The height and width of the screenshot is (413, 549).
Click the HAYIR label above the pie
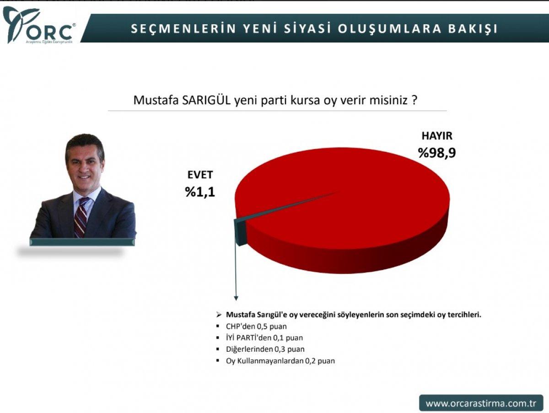pyautogui.click(x=436, y=136)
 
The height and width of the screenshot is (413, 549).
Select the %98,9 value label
pyautogui.click(x=437, y=152)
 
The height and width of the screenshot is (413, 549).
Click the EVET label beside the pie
pyautogui.click(x=200, y=175)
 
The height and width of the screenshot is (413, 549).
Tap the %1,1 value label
pyautogui.click(x=200, y=192)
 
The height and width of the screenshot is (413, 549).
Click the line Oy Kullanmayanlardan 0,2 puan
pyautogui.click(x=280, y=361)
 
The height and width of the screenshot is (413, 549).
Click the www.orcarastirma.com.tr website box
pyautogui.click(x=480, y=403)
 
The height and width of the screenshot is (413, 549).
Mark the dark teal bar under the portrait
pyautogui.click(x=82, y=242)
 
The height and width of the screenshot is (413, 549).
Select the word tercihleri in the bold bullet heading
pyautogui.click(x=463, y=315)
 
